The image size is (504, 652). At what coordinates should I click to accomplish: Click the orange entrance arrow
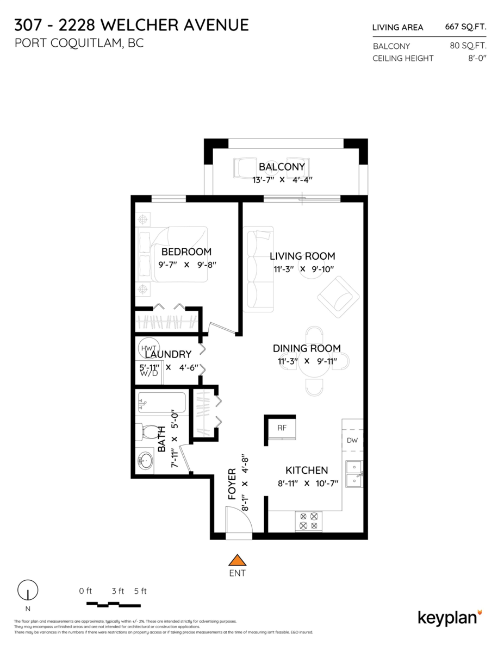coord(237,560)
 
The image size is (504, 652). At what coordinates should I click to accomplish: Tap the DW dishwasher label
coord(352,440)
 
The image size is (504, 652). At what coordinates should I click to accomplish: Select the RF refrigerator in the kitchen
coord(282,428)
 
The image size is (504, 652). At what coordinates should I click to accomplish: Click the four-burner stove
coord(309,521)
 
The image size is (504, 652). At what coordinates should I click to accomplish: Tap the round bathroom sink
coord(145,460)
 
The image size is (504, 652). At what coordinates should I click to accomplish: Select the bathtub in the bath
coord(162,403)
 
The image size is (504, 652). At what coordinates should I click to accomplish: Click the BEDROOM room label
coord(186,252)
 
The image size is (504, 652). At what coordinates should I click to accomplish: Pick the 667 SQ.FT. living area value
coord(465,27)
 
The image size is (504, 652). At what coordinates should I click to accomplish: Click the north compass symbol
coord(28,590)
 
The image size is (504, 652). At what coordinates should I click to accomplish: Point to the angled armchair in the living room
coord(338,297)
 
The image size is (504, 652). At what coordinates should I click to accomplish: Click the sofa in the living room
coord(258,269)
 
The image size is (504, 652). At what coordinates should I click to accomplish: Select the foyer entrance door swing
coord(239,523)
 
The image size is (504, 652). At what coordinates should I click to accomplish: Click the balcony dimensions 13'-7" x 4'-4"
coord(282,180)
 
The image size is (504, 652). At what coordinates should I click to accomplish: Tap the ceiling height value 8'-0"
coord(477,58)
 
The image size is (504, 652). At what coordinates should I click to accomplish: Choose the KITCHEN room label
coord(307,470)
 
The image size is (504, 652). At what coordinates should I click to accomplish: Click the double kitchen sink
coord(354,474)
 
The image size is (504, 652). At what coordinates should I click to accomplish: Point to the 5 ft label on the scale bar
coord(140,591)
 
